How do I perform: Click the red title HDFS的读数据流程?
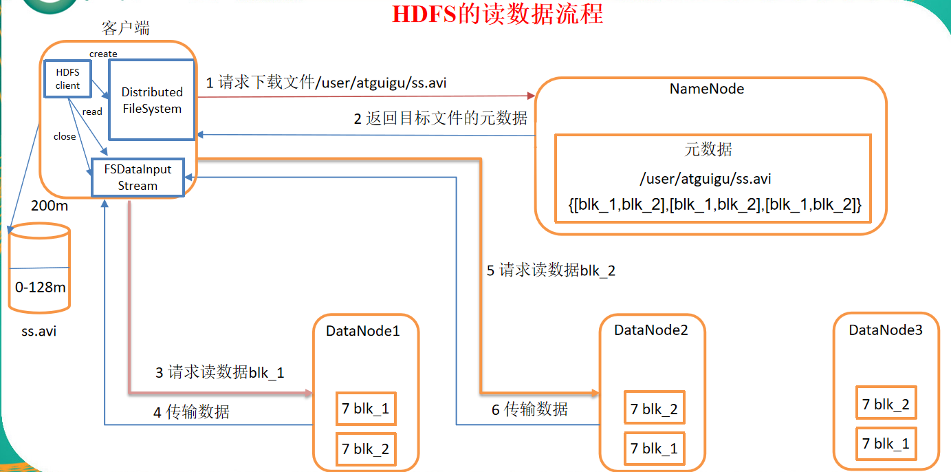497,14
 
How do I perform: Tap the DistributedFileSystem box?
152,100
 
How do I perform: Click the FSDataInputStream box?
138,177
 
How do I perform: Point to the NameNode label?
707,89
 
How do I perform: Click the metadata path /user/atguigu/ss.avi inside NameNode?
705,179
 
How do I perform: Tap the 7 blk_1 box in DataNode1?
365,409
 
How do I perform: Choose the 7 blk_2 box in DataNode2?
654,409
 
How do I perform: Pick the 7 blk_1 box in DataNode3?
886,444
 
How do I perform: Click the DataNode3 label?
886,330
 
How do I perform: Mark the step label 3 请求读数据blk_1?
219,373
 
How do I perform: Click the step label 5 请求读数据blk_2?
551,270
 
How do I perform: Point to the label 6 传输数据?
529,409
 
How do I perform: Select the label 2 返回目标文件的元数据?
441,118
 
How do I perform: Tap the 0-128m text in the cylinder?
41,287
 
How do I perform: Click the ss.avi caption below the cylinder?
39,331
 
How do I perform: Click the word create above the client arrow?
103,54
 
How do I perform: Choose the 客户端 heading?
125,28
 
